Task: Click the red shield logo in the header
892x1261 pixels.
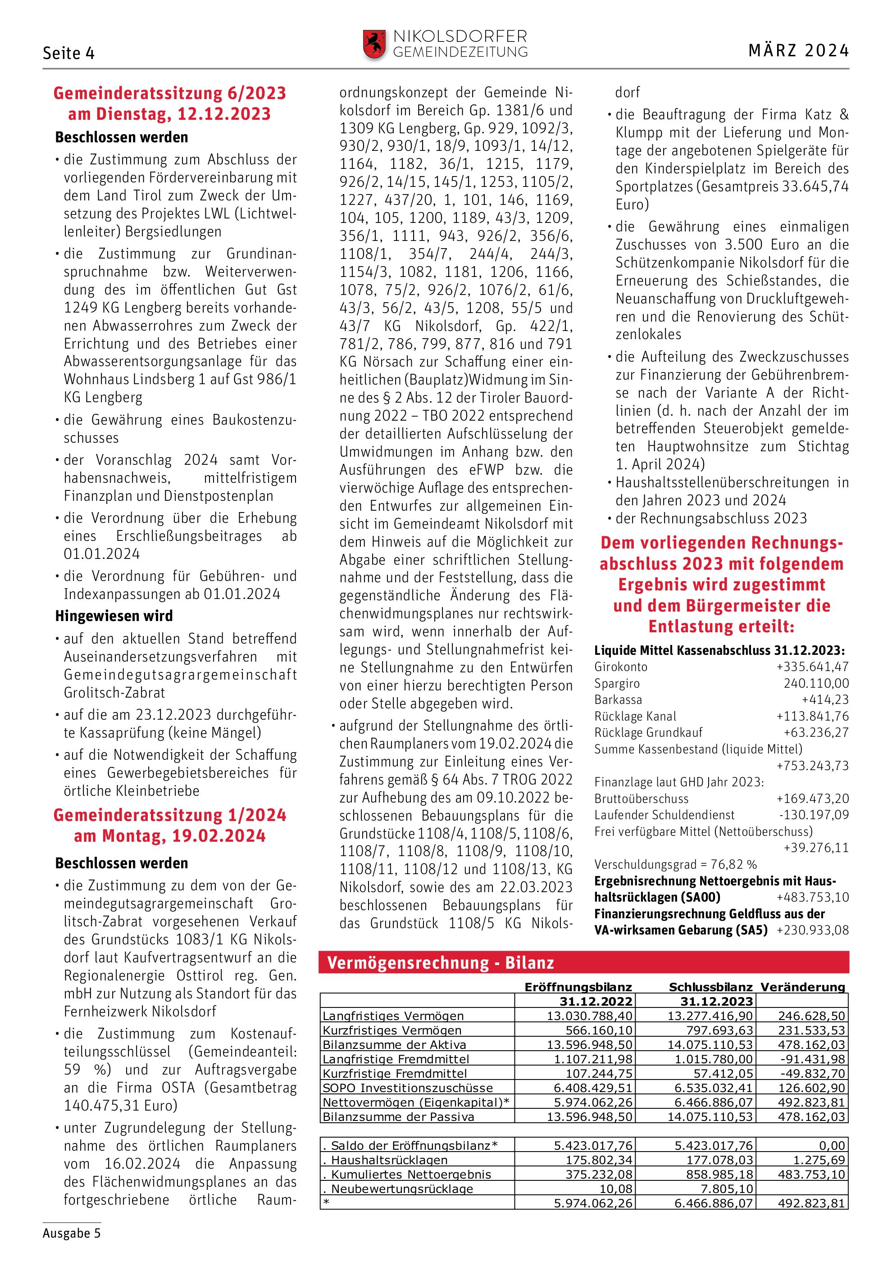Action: click(x=374, y=45)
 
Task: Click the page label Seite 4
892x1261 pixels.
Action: click(x=68, y=53)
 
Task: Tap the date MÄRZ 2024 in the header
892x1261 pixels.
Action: click(x=798, y=51)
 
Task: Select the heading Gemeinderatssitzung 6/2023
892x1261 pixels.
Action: click(x=170, y=93)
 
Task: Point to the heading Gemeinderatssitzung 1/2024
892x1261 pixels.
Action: click(x=170, y=815)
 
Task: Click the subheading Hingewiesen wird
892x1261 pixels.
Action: click(x=114, y=616)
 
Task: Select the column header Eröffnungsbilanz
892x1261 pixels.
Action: click(x=578, y=987)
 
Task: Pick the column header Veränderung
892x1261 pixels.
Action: click(x=802, y=987)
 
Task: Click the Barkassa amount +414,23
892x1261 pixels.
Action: click(x=825, y=700)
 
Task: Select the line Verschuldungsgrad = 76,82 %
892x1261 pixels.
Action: click(x=675, y=865)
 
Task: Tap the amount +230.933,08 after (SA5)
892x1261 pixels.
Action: click(x=812, y=930)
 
